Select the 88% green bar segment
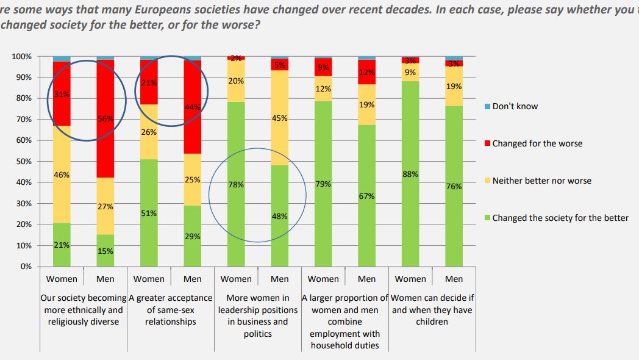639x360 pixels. pyautogui.click(x=410, y=173)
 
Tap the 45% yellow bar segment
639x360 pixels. pyautogui.click(x=279, y=118)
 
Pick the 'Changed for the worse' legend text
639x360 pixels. pyautogui.click(x=537, y=143)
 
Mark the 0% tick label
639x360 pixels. pyautogui.click(x=26, y=267)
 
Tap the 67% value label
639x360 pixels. pyautogui.click(x=366, y=196)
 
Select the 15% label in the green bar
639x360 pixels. pyautogui.click(x=105, y=251)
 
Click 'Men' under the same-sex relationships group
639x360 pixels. pyautogui.click(x=192, y=279)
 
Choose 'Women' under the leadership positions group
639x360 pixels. pyautogui.click(x=236, y=279)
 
